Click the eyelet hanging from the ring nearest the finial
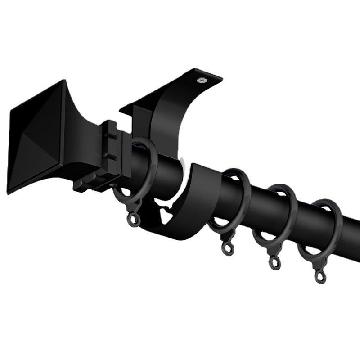134,219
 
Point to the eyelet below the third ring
274,263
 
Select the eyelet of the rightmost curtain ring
320,276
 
